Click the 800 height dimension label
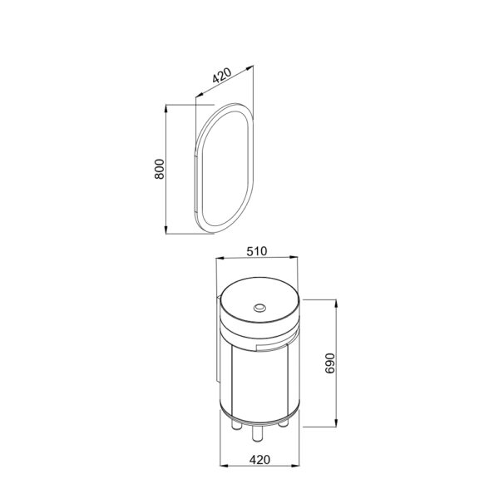tap(160, 169)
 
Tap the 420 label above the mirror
tap(222, 75)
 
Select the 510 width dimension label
tap(257, 251)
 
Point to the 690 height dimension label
tap(330, 363)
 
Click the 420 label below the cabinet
tap(259, 460)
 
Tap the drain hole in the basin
tap(259, 308)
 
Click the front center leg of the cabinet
tap(258, 434)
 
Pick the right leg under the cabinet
tap(284, 423)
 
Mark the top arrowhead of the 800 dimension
tap(166, 108)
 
